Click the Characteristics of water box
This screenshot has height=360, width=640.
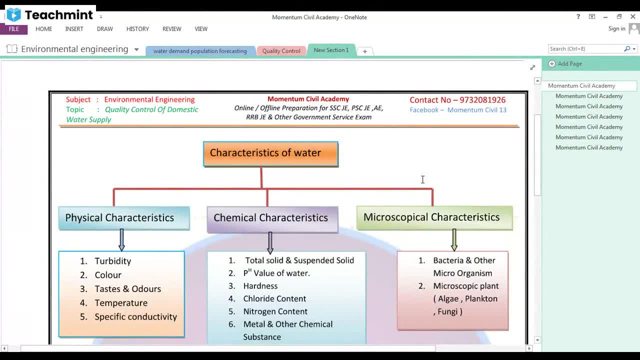[270, 153]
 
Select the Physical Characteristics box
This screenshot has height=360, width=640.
[124, 218]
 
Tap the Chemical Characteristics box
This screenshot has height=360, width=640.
[272, 218]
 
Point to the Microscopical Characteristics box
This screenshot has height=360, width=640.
[434, 217]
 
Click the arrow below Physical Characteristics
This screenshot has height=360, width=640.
[121, 240]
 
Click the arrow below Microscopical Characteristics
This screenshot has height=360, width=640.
[454, 240]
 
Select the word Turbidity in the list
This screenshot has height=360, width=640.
[113, 261]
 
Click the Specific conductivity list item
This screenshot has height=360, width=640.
[135, 317]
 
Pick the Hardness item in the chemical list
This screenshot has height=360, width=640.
[260, 286]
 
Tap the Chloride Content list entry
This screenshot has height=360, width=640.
[274, 299]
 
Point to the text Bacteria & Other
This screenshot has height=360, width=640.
[464, 260]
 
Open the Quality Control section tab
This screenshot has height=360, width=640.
[281, 51]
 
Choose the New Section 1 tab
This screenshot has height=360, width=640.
[331, 50]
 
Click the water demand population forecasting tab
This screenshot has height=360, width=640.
[200, 51]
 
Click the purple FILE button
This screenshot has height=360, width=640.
[13, 29]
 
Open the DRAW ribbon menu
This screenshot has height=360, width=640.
[105, 29]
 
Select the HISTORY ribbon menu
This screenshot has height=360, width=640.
[137, 29]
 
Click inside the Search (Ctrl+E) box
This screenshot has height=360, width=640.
[585, 49]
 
